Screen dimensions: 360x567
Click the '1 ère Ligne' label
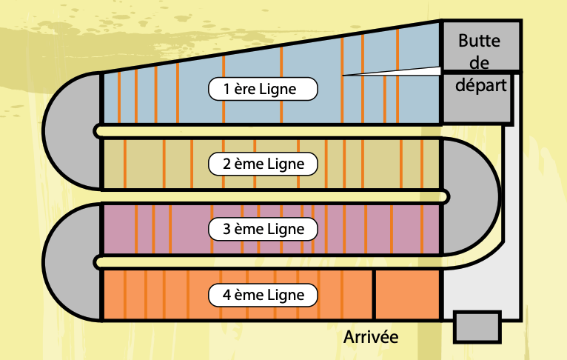click(263, 90)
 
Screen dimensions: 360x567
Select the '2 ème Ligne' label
click(263, 163)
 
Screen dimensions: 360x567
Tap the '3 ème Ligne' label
click(263, 229)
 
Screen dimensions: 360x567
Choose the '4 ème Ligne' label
click(263, 295)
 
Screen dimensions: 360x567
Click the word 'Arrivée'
click(371, 338)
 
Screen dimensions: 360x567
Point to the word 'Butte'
click(479, 41)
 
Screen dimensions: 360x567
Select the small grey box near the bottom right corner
click(477, 326)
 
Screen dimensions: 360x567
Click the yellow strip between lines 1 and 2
click(266, 131)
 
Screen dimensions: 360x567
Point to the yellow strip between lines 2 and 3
click(266, 196)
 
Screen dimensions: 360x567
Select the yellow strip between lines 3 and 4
click(266, 261)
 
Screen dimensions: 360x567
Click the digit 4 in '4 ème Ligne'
click(227, 295)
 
